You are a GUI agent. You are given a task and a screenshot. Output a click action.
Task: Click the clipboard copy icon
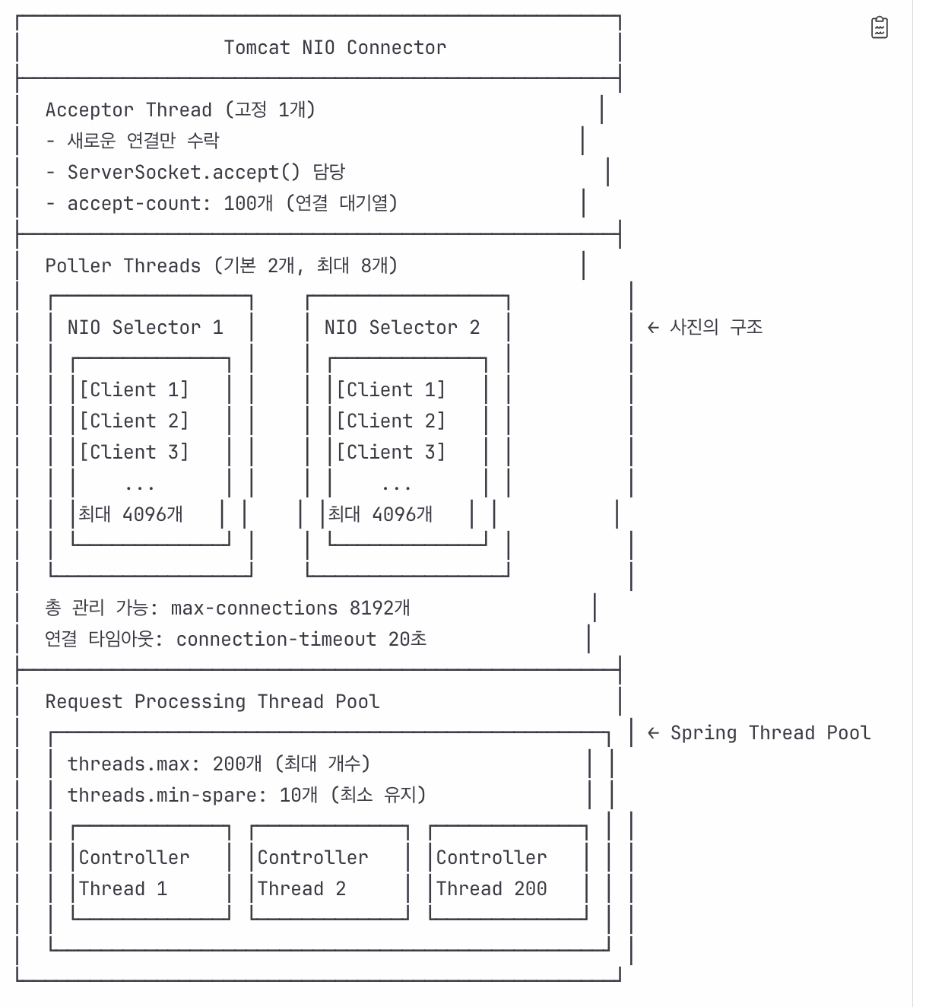pos(880,27)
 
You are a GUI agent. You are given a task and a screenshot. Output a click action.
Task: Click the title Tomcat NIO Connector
pos(335,48)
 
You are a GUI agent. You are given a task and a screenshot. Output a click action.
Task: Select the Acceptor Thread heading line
pos(180,110)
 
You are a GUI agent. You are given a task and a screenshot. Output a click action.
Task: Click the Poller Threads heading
pos(221,265)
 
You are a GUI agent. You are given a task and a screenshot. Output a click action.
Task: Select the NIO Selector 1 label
pos(145,328)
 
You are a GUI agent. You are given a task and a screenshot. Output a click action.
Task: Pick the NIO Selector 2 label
pos(402,328)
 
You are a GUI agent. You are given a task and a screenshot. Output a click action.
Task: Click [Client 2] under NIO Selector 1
pos(135,421)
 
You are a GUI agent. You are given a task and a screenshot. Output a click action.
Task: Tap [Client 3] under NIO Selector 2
pos(391,452)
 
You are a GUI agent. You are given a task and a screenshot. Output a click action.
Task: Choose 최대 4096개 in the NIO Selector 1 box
pos(130,514)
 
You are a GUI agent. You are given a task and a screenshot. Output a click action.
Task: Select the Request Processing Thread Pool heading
pos(212,702)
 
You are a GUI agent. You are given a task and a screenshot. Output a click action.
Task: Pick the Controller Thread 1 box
pos(151,872)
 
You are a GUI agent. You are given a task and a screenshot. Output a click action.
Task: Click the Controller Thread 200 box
pos(509,872)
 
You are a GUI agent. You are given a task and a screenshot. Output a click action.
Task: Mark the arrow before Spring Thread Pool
pos(653,733)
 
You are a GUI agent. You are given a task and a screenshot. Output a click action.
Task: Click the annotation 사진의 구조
pos(716,327)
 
